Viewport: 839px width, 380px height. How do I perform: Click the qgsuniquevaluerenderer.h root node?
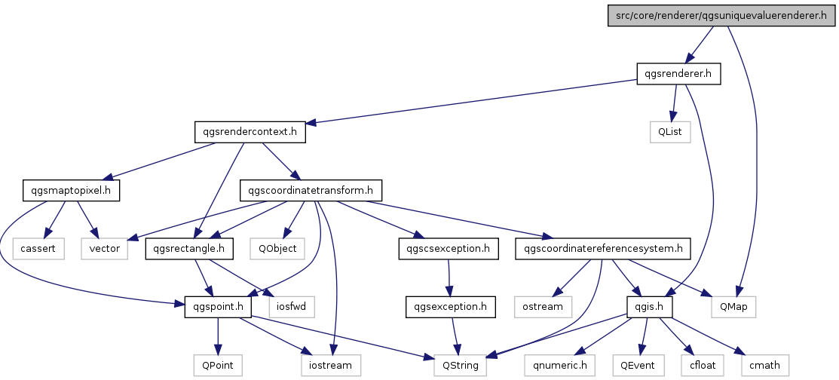pyautogui.click(x=721, y=16)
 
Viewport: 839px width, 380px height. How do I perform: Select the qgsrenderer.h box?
pyautogui.click(x=678, y=74)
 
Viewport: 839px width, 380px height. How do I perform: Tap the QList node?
pyautogui.click(x=670, y=132)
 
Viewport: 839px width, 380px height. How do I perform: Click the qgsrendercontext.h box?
pyautogui.click(x=250, y=132)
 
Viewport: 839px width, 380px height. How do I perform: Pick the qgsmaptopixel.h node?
pyautogui.click(x=71, y=191)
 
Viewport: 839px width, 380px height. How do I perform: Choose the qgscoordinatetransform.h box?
pyautogui.click(x=311, y=191)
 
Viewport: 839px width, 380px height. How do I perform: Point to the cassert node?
pyautogui.click(x=38, y=249)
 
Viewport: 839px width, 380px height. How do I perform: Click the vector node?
pyautogui.click(x=104, y=249)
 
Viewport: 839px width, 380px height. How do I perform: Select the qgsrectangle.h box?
pyautogui.click(x=189, y=249)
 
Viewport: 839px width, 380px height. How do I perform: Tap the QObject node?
pyautogui.click(x=277, y=249)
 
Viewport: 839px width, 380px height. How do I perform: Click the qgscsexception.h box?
pyautogui.click(x=449, y=249)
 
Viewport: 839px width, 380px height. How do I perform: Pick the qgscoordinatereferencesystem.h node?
pyautogui.click(x=603, y=249)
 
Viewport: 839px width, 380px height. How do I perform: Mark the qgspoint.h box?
pyautogui.click(x=218, y=307)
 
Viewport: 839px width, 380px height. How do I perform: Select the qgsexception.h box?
pyautogui.click(x=451, y=307)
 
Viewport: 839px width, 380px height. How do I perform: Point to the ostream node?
pyautogui.click(x=543, y=307)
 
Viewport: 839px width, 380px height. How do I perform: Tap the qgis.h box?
pyautogui.click(x=649, y=307)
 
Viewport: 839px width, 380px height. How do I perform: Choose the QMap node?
pyautogui.click(x=733, y=307)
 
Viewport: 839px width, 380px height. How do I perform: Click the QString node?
pyautogui.click(x=460, y=366)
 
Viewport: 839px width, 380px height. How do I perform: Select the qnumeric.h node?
pyautogui.click(x=560, y=366)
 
